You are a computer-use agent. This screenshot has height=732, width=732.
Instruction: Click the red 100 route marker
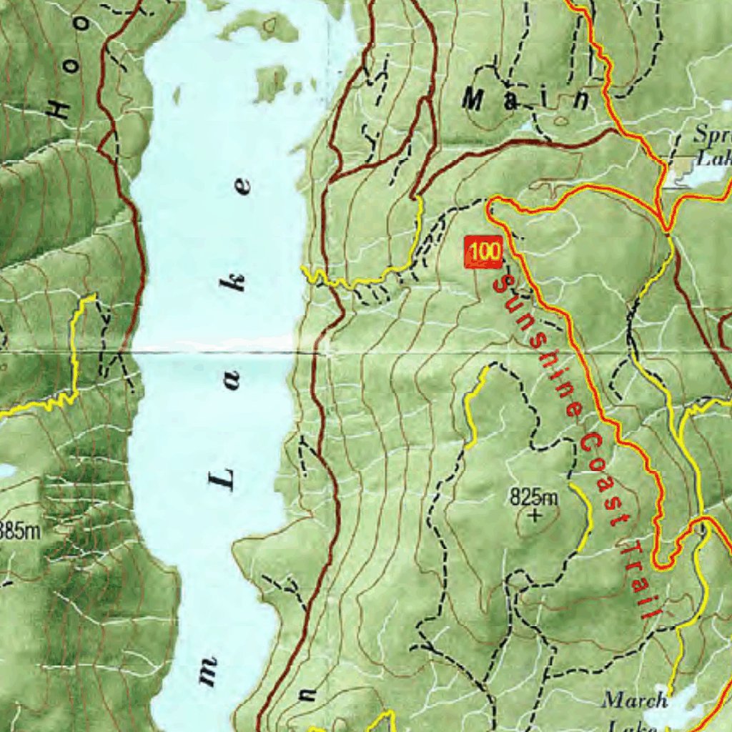tap(484, 253)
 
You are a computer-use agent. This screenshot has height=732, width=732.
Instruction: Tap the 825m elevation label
tap(534, 495)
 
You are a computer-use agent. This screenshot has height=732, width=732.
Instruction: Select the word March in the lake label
tap(635, 700)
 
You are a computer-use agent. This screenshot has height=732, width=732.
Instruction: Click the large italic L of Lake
tap(222, 479)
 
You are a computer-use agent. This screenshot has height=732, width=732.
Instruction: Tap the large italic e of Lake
tap(244, 187)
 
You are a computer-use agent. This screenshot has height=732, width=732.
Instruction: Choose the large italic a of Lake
tap(232, 384)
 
